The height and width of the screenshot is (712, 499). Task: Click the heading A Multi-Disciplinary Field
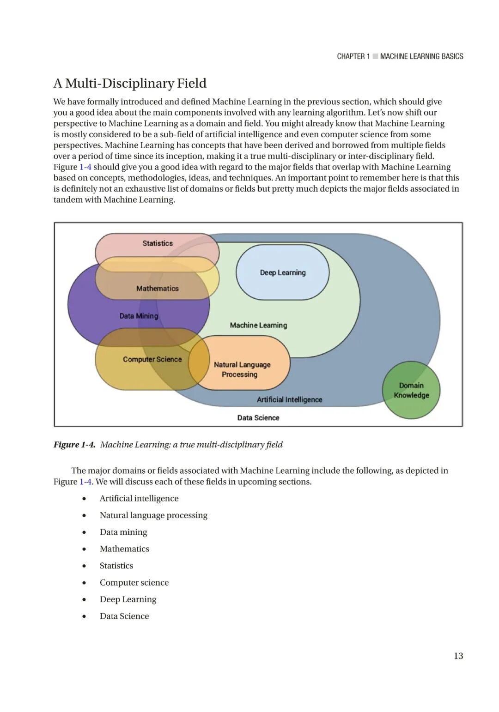[x=130, y=84]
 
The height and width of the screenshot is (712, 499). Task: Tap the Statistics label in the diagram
[x=158, y=243]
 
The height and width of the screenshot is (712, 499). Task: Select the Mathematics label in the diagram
[x=157, y=289]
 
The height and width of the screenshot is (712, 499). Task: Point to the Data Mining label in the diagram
[x=139, y=316]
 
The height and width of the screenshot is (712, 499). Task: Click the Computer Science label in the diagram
[x=152, y=360]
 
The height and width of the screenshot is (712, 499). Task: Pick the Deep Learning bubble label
[x=283, y=273]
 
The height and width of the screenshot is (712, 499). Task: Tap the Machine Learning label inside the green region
[x=258, y=326]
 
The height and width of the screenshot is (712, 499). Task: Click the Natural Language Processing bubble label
[x=242, y=369]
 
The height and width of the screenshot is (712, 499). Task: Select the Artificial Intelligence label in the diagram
[x=289, y=400]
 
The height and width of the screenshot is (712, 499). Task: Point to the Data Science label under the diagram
[x=258, y=418]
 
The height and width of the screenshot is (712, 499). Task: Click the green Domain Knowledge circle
[x=411, y=390]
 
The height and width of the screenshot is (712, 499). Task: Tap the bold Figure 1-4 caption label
[x=74, y=445]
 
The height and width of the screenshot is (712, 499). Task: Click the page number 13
[x=458, y=656]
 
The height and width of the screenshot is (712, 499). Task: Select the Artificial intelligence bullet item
[x=139, y=499]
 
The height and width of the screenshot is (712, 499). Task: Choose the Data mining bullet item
[x=123, y=532]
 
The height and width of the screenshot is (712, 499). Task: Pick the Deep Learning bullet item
[x=128, y=599]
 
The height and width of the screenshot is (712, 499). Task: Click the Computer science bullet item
[x=134, y=583]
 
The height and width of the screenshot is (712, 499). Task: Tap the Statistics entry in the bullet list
[x=116, y=566]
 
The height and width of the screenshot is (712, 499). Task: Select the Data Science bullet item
[x=124, y=616]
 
